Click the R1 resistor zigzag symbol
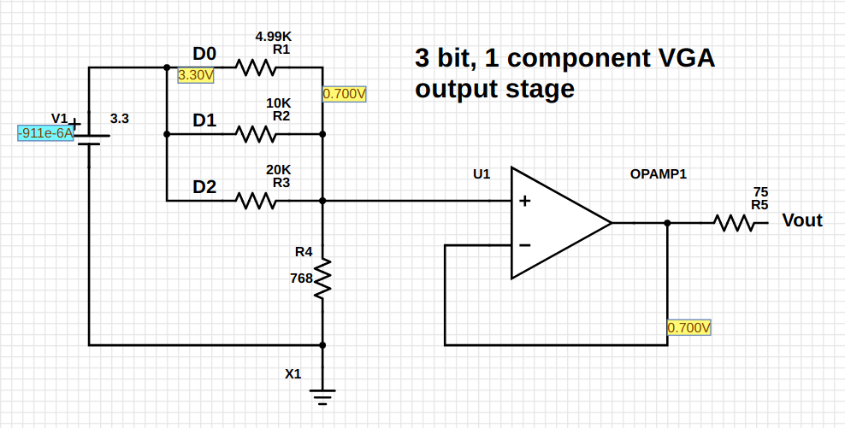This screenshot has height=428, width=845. [255, 67]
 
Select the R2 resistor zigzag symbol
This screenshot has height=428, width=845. [255, 134]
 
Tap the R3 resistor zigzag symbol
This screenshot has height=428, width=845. [255, 202]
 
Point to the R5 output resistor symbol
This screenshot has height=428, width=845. [734, 223]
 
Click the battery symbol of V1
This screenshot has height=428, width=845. [89, 137]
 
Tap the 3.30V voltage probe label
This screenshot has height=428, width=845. [196, 75]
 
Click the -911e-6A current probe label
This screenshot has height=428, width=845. [46, 133]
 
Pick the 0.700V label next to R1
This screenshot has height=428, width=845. [345, 93]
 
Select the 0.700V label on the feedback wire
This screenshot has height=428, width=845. [689, 328]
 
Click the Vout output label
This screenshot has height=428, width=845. [801, 221]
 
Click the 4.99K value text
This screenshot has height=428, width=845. [274, 37]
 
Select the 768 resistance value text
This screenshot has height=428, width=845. [301, 278]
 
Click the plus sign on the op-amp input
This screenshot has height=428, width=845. [524, 202]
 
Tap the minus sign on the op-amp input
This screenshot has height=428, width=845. [524, 245]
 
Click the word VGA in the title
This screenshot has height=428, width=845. [680, 59]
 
